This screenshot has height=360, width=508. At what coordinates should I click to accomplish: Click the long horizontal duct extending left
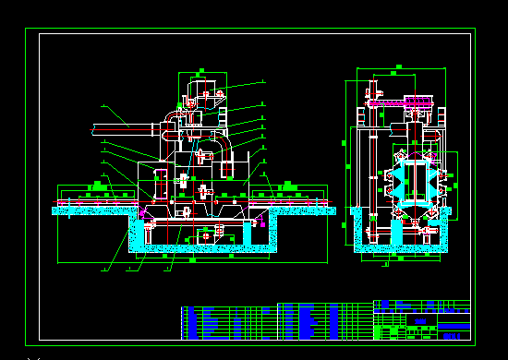tap(125, 129)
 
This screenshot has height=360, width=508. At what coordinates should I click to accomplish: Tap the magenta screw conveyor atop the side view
tap(406, 102)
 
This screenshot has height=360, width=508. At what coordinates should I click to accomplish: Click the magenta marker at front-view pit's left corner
tap(142, 213)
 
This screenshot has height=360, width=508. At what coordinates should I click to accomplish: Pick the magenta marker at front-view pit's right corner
tap(262, 221)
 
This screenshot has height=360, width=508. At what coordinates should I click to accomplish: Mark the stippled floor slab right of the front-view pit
tap(305, 210)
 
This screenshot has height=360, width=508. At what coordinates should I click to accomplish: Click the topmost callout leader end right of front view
tap(262, 81)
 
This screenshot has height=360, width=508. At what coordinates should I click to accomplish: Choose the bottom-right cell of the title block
tap(454, 335)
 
